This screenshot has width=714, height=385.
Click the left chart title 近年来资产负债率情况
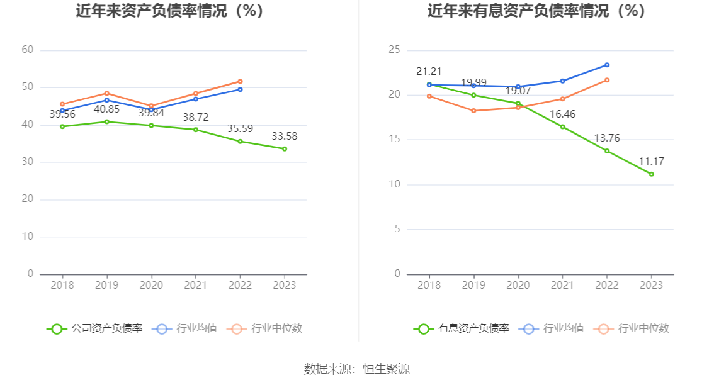click(169, 11)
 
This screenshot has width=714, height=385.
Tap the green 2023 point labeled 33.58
click(285, 149)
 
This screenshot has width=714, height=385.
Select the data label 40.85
click(106, 109)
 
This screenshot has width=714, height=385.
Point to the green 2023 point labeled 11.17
click(652, 174)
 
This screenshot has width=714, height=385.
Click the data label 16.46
click(562, 114)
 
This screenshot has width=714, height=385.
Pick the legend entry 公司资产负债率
click(94, 328)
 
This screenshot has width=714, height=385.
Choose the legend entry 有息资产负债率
click(462, 328)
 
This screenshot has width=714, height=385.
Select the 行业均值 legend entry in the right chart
click(553, 328)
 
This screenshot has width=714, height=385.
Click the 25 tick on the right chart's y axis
click(394, 50)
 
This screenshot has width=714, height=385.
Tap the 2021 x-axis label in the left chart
click(195, 286)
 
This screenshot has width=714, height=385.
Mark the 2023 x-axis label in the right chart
click(652, 286)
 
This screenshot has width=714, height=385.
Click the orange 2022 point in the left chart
click(241, 81)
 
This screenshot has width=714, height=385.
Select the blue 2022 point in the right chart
click(607, 65)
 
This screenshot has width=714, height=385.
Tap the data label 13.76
click(607, 138)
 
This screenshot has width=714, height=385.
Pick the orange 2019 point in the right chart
click(473, 111)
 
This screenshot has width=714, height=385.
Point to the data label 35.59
click(240, 129)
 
